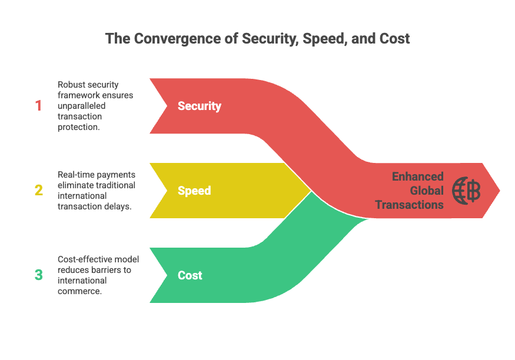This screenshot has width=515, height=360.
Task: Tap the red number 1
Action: [38, 106]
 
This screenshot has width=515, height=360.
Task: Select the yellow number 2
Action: [39, 191]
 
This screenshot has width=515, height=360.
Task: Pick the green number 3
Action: [39, 275]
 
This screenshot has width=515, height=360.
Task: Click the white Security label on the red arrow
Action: [200, 106]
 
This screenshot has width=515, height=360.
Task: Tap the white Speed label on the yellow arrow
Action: [194, 191]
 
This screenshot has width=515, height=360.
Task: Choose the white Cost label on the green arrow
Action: [190, 275]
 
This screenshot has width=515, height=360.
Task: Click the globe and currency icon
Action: [466, 191]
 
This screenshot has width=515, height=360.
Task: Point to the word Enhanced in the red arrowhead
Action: [418, 176]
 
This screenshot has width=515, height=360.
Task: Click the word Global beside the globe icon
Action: [427, 191]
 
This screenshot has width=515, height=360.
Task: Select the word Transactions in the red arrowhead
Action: [409, 205]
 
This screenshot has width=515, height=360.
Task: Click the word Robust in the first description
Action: [71, 85]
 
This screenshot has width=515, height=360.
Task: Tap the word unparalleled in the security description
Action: [81, 106]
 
